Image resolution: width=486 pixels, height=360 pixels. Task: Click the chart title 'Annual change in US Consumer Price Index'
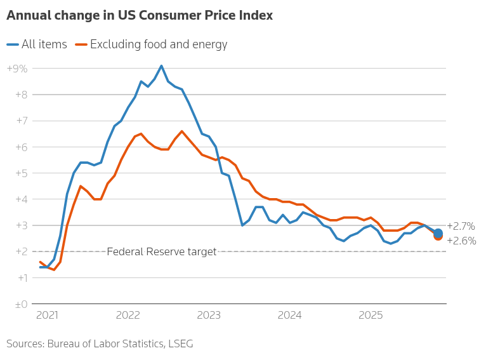(140, 16)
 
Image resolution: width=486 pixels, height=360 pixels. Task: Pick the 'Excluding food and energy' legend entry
(159, 44)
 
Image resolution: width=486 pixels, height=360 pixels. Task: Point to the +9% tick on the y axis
(17, 69)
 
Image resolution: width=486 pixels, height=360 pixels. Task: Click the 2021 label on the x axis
(47, 315)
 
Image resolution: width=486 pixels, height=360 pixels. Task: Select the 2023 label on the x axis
(209, 315)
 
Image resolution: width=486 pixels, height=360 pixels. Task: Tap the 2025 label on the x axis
(371, 315)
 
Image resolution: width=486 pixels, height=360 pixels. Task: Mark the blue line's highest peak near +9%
(161, 65)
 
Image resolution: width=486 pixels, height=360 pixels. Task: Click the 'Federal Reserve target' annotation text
(162, 251)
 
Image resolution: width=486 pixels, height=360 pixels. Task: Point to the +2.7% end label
(461, 226)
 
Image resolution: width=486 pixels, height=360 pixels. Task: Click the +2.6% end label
(461, 241)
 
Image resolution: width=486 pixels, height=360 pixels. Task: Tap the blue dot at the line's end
(438, 232)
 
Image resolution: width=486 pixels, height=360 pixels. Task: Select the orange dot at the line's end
(438, 237)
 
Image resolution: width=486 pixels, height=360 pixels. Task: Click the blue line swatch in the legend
(13, 44)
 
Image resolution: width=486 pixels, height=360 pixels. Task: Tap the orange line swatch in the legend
(81, 44)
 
